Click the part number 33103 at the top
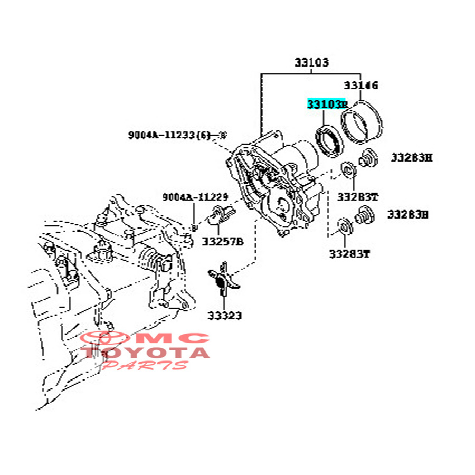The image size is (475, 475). (311, 63)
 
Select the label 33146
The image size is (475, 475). (362, 85)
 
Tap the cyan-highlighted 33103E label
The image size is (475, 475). (327, 104)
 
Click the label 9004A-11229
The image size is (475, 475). (195, 197)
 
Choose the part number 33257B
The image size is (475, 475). (223, 242)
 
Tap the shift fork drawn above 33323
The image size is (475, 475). (224, 278)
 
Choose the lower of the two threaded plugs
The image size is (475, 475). (363, 215)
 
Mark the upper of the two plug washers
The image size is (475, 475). (348, 170)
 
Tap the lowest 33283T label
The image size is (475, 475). (349, 254)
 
